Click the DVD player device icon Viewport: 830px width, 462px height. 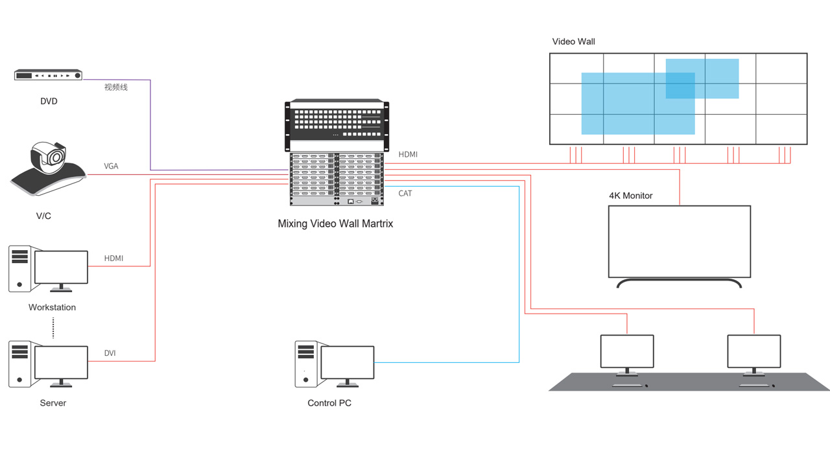coord(49,75)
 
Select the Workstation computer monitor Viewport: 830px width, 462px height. coord(61,267)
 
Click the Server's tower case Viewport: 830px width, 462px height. coord(19,364)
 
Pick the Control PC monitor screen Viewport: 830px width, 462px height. coord(347,362)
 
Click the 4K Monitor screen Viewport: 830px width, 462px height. coord(679,241)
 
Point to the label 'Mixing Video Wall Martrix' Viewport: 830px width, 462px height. coord(335,224)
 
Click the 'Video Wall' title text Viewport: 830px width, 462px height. coord(573,41)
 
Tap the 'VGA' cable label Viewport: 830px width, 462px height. coord(111,167)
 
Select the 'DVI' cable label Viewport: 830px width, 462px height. coord(110,353)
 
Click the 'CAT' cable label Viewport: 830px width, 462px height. coord(405,194)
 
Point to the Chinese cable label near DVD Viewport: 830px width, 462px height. coord(116,87)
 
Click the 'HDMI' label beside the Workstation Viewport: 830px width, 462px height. coord(113,259)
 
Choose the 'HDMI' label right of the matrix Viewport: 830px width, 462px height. coord(408,155)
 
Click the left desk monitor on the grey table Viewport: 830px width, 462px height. coord(626,351)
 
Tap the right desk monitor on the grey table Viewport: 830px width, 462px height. coord(753,351)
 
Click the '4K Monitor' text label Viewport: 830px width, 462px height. coord(630,196)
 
